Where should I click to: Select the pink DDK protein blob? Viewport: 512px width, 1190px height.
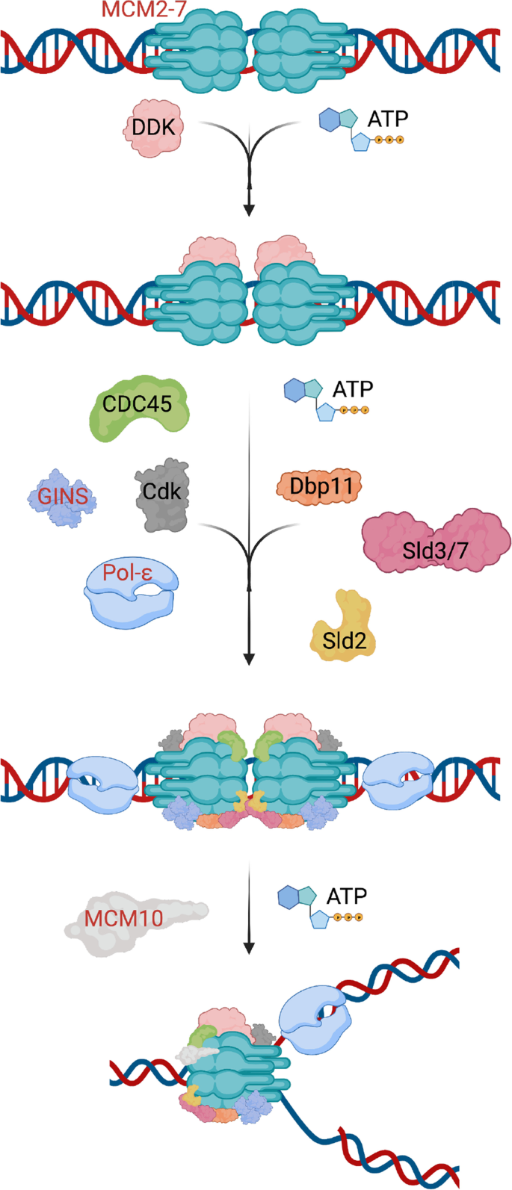click(152, 128)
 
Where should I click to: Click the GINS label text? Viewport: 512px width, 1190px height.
click(63, 496)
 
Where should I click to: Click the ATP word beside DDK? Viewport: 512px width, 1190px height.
click(388, 118)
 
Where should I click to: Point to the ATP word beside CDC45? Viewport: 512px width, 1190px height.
click(352, 389)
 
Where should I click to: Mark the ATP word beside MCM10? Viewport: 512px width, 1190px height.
click(347, 895)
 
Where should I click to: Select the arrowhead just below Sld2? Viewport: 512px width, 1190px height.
click(249, 658)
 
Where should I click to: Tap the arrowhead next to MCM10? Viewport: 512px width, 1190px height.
click(249, 947)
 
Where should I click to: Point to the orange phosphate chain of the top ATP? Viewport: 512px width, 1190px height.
click(389, 140)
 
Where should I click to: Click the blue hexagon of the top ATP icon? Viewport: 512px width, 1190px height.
click(330, 120)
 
